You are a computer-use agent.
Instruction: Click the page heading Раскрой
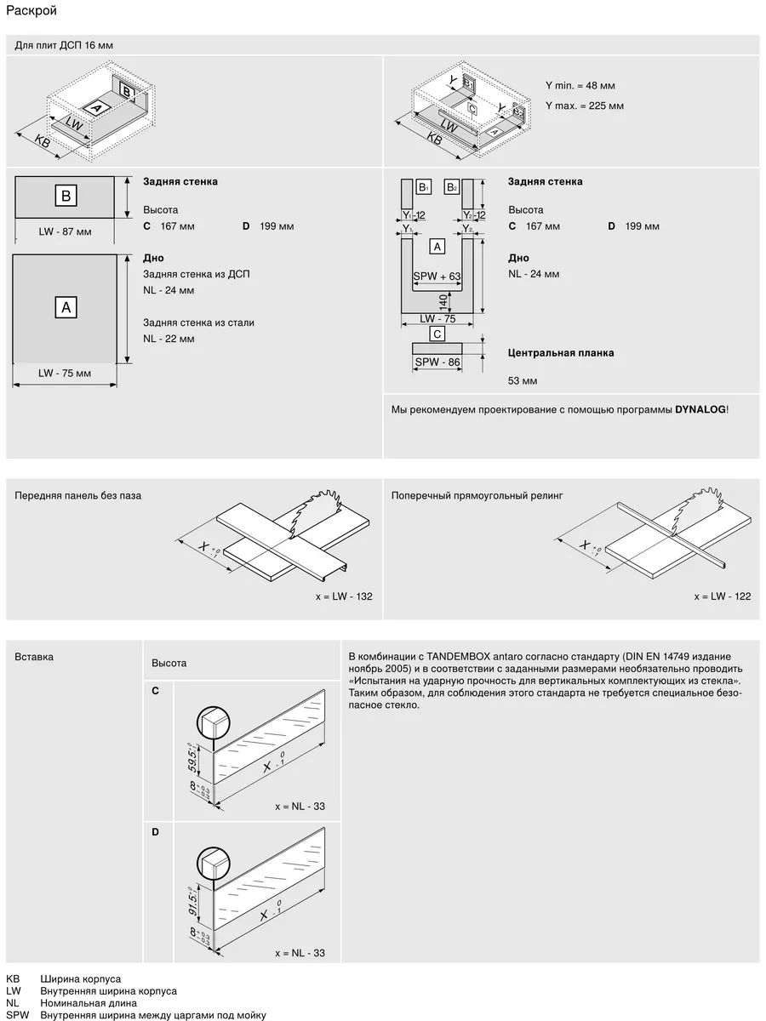pos(31,11)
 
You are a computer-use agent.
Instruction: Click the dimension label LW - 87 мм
pos(65,231)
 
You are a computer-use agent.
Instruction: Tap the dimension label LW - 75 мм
pos(65,373)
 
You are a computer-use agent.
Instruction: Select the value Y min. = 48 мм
pos(580,86)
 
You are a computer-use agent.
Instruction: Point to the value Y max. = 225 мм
pos(585,106)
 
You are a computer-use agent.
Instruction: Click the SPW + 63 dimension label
pos(437,277)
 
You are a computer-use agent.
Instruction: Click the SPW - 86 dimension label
pos(437,362)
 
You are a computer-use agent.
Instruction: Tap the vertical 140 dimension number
pos(443,302)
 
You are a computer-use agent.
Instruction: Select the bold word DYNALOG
pos(700,409)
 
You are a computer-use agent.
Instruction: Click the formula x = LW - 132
pos(344,596)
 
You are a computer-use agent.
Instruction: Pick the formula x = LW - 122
pos(723,596)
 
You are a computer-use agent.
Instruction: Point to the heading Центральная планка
pos(560,353)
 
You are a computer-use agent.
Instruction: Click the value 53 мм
pos(523,381)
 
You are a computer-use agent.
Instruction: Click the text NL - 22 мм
pos(169,339)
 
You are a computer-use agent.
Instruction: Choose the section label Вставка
pos(34,657)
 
